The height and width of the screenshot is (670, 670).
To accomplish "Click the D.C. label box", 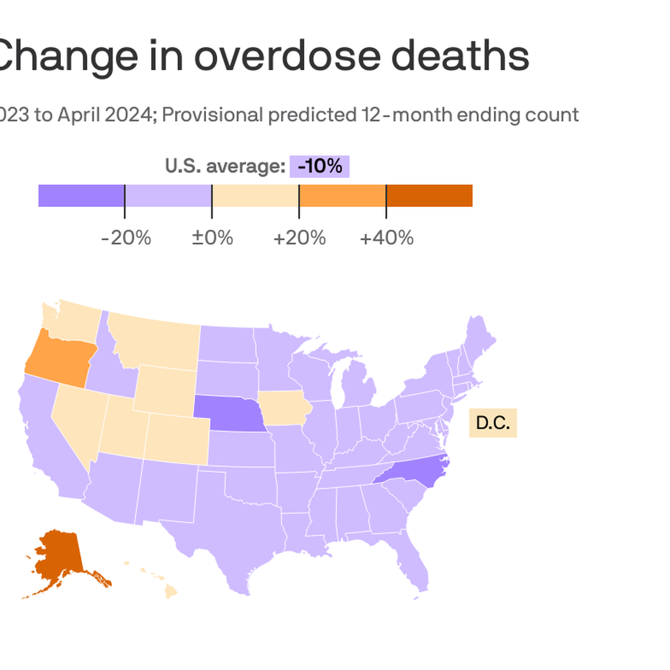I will tap(493, 423).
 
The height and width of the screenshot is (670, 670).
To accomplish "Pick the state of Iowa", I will tap(282, 408).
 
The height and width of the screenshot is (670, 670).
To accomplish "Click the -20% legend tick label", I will tap(126, 238).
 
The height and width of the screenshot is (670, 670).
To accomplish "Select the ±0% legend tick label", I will tap(212, 238).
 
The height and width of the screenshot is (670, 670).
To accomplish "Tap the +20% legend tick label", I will tap(299, 238).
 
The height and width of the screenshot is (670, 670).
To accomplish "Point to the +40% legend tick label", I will tap(386, 238).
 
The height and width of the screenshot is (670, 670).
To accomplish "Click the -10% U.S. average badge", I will tap(319, 166).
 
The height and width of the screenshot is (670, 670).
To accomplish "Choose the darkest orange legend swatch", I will tap(429, 196).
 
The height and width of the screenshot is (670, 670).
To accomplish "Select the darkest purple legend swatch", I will tap(81, 196).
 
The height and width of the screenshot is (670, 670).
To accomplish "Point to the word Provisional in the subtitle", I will tap(212, 115).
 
